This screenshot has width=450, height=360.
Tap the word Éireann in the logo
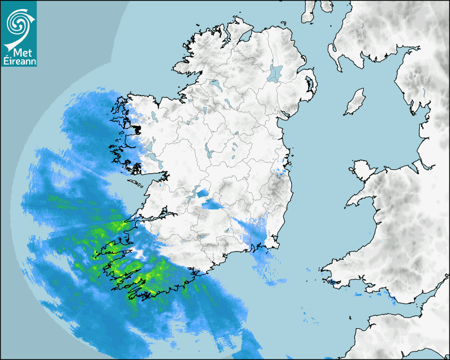[x=19, y=61]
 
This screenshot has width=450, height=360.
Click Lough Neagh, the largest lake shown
[x=275, y=73]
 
